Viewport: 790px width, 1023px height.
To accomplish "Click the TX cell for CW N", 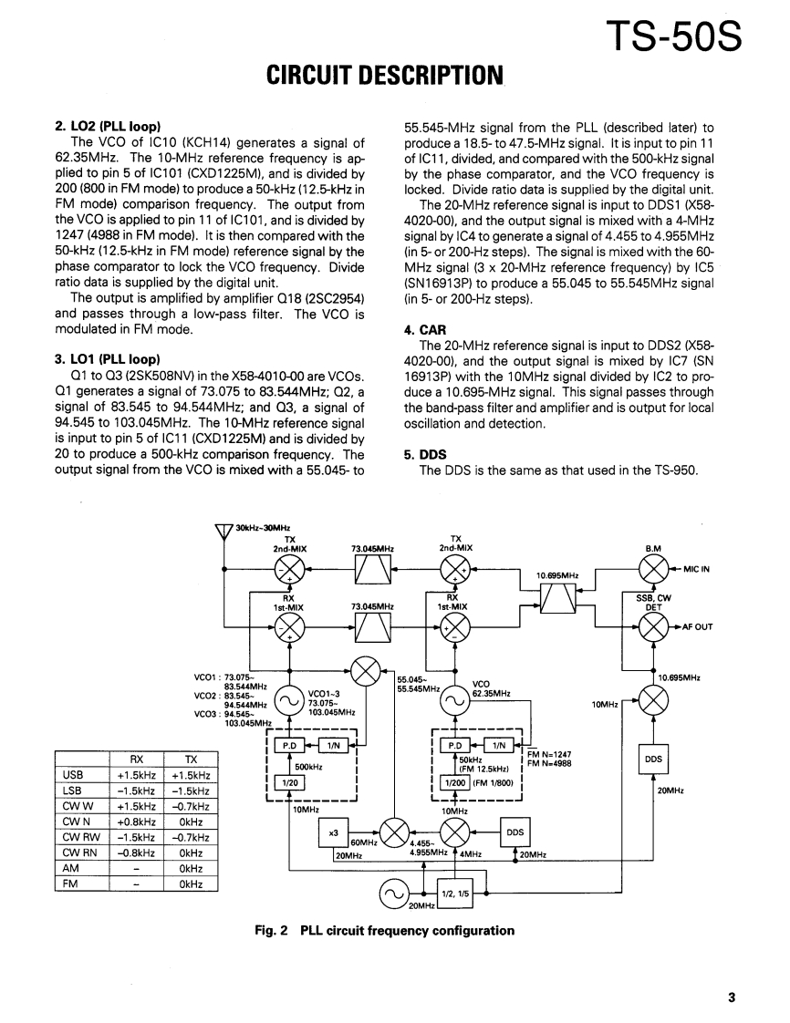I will click(191, 821).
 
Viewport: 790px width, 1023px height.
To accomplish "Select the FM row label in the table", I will click(70, 883).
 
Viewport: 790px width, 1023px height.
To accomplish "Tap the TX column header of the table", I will click(191, 759).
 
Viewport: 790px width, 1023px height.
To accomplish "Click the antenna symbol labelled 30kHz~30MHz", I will click(223, 532).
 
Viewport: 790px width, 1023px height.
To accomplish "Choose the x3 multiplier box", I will click(334, 832).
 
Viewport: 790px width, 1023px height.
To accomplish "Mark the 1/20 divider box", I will click(288, 783).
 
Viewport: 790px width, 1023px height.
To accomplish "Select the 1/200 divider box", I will click(453, 783).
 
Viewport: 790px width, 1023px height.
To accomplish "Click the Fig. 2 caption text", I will click(384, 931).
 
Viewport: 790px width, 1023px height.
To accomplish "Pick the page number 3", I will click(732, 997).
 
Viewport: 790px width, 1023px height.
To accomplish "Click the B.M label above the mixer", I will click(653, 548).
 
